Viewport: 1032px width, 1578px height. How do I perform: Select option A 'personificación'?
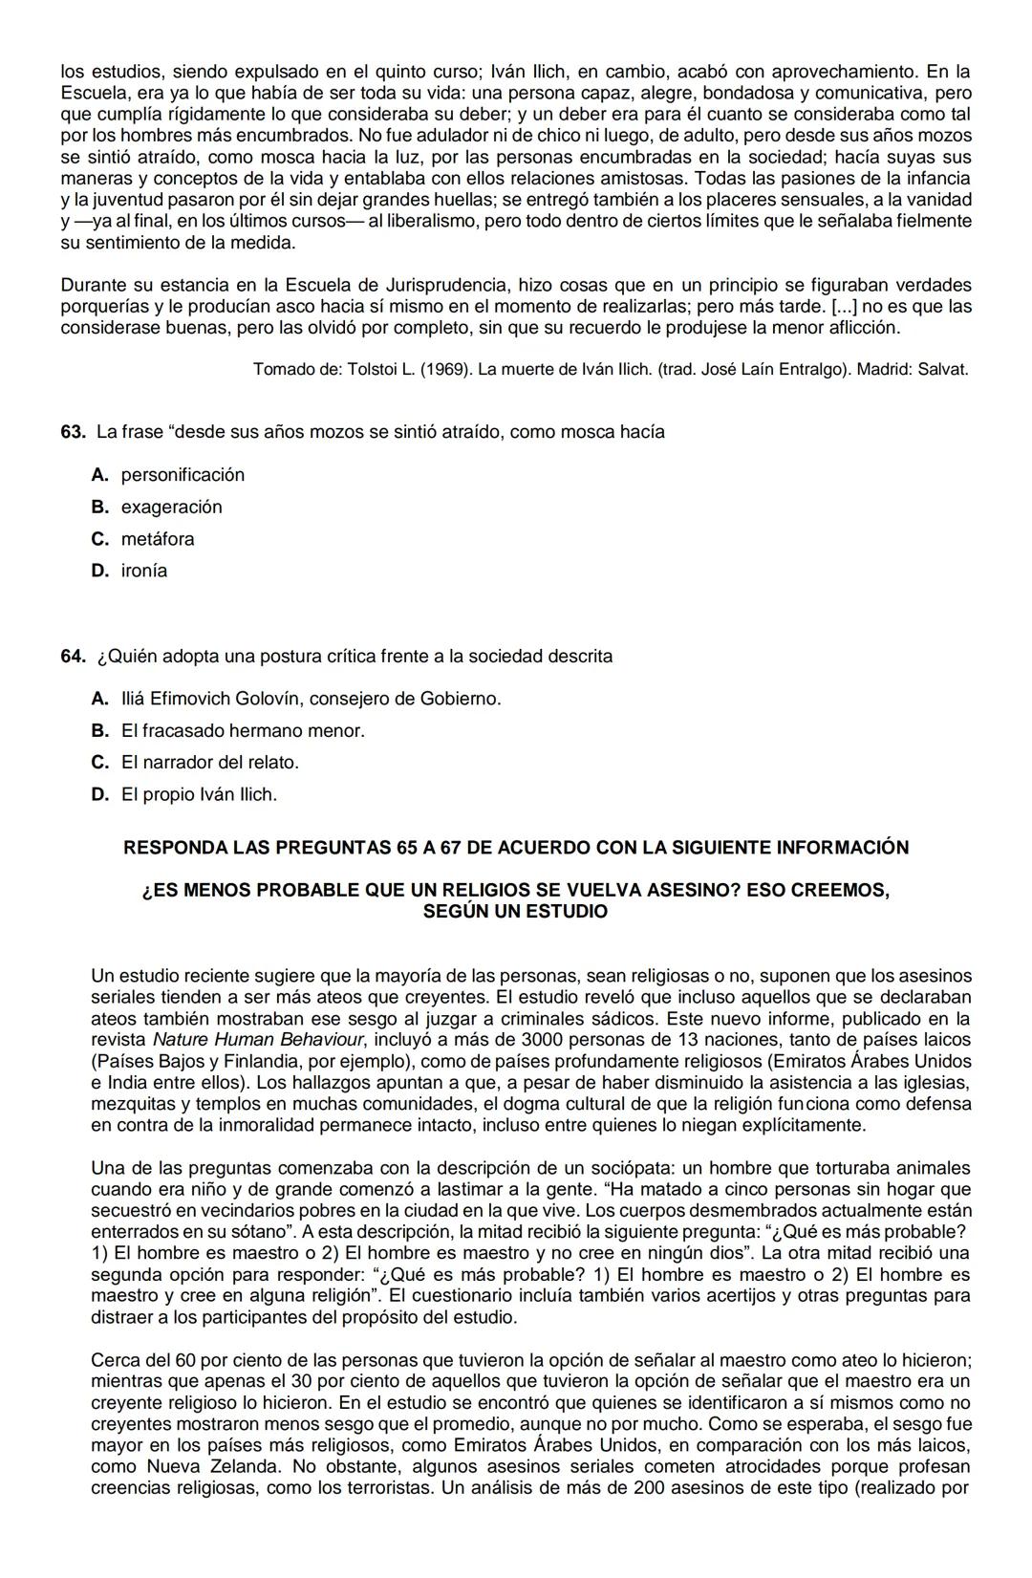[x=182, y=475]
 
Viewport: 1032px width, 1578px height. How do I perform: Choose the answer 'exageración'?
[x=171, y=507]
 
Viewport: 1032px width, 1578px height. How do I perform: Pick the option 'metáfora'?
[x=157, y=539]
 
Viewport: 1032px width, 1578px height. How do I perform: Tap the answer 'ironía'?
[x=143, y=571]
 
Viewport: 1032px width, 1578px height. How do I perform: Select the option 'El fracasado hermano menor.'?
[x=243, y=731]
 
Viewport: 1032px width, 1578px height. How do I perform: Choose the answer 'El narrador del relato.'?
[x=209, y=763]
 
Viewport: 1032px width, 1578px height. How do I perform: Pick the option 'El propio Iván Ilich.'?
[x=199, y=794]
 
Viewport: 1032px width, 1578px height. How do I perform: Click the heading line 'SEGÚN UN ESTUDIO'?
[x=515, y=912]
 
